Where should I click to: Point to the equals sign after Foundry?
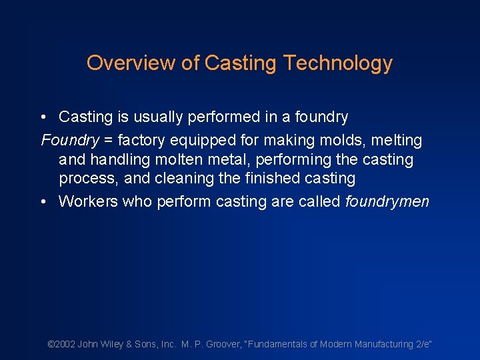pyautogui.click(x=108, y=141)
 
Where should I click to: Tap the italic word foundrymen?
pyautogui.click(x=387, y=202)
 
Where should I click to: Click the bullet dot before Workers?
pyautogui.click(x=43, y=202)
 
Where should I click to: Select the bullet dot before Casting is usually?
pyautogui.click(x=43, y=117)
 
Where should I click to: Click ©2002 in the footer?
pyautogui.click(x=61, y=344)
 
